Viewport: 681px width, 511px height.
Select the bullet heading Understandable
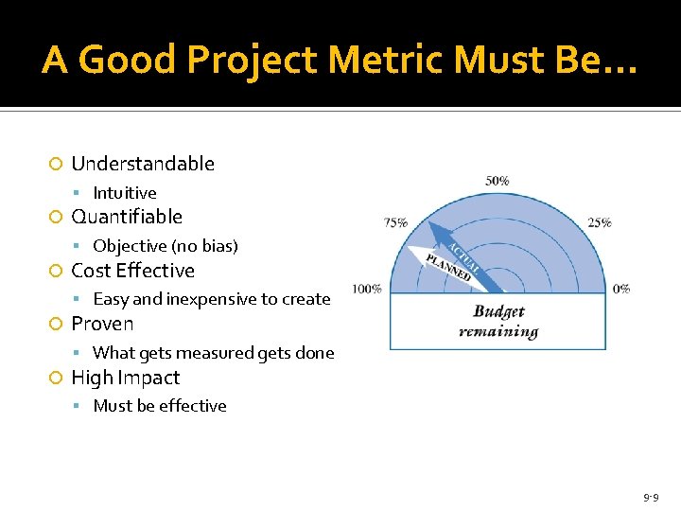tap(143, 164)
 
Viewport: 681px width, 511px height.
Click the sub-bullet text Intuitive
tap(125, 193)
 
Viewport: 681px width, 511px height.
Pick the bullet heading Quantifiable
tap(127, 217)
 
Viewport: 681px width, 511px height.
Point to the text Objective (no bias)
tap(166, 246)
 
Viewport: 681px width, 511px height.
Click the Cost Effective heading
tap(133, 271)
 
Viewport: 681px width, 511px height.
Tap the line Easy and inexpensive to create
tap(212, 299)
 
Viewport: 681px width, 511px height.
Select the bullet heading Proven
tap(102, 324)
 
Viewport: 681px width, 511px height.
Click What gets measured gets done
tap(214, 353)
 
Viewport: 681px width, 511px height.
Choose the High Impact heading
tap(126, 378)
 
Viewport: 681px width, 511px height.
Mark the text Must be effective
tap(160, 406)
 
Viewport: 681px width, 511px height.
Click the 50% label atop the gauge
tap(498, 180)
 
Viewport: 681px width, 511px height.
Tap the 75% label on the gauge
tap(395, 222)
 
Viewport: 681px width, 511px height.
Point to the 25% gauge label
tap(599, 222)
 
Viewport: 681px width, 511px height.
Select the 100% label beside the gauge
tap(367, 289)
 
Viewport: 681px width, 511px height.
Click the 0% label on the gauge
tap(621, 289)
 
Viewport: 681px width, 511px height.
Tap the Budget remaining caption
tap(498, 322)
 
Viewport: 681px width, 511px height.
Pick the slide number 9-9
tap(651, 496)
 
